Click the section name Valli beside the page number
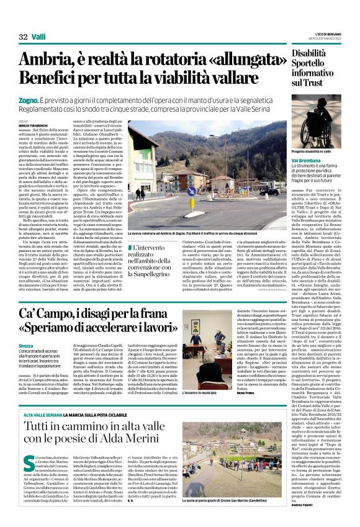(x=39, y=37)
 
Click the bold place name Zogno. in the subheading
(x=29, y=99)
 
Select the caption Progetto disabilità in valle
(x=316, y=151)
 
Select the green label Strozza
(x=27, y=344)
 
